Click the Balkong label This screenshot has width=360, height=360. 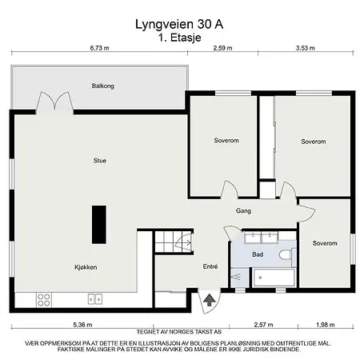click(x=103, y=86)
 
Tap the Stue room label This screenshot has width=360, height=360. click(x=100, y=161)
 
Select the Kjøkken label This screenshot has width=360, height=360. click(x=86, y=267)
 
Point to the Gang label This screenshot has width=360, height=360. click(x=243, y=211)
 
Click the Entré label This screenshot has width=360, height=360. click(x=210, y=266)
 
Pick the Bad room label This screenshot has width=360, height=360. click(x=258, y=254)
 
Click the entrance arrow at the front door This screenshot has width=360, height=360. click(x=210, y=300)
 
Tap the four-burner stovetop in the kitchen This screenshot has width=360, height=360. click(x=44, y=300)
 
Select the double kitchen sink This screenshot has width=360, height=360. click(x=95, y=299)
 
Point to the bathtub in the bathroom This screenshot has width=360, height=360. click(x=274, y=278)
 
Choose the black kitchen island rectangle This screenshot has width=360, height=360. click(x=99, y=225)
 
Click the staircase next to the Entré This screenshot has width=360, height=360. click(x=173, y=242)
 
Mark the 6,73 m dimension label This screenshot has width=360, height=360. click(x=99, y=48)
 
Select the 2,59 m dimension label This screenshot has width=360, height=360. click(x=222, y=48)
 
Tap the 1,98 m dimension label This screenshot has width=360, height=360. click(x=326, y=325)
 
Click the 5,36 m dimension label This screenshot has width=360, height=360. click(x=82, y=325)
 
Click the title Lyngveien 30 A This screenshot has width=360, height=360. click(x=179, y=24)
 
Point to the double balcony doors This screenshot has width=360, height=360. click(x=54, y=102)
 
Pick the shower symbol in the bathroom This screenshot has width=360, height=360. click(x=237, y=278)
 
